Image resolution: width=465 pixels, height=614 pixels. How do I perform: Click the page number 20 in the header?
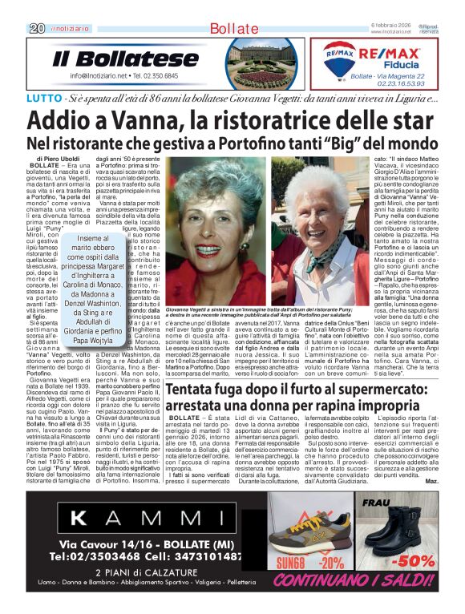pos(36,28)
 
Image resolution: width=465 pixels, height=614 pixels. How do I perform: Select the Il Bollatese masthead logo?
pos(114,59)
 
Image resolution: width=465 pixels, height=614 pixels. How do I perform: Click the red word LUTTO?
pos(43,99)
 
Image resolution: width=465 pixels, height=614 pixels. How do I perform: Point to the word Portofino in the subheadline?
pos(237,143)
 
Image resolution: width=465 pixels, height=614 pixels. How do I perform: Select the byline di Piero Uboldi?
pos(57,160)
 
